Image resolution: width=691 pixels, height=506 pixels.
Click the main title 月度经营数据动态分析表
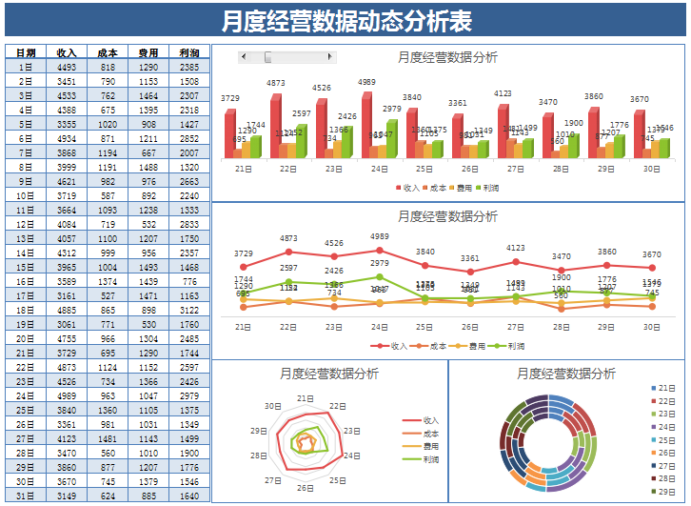click(x=345, y=21)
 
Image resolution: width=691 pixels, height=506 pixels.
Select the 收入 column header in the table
click(x=67, y=53)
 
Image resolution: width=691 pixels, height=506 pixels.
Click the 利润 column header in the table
click(x=188, y=53)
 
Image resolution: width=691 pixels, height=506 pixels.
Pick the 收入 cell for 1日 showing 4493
click(x=67, y=68)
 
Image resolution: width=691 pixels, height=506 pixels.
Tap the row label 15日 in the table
click(x=26, y=268)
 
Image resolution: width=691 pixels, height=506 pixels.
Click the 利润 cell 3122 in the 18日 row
click(x=188, y=311)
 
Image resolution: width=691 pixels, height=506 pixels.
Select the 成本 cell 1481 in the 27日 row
click(x=108, y=439)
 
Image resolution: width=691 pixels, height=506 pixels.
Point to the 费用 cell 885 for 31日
click(x=148, y=496)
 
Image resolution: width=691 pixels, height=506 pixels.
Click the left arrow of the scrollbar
click(x=244, y=57)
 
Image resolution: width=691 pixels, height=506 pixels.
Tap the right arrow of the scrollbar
click(x=331, y=57)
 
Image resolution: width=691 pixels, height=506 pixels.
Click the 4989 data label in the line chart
click(x=379, y=236)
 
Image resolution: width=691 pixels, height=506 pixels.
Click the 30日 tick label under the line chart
click(x=651, y=327)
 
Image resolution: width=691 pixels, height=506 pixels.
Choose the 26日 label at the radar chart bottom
click(x=305, y=488)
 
